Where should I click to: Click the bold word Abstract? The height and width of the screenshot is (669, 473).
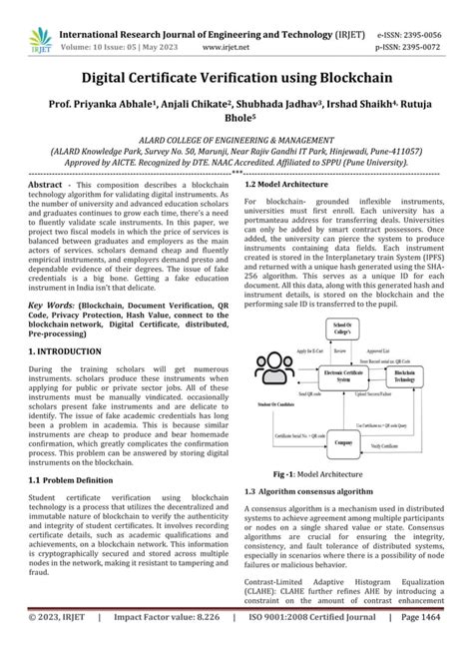click(48, 186)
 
